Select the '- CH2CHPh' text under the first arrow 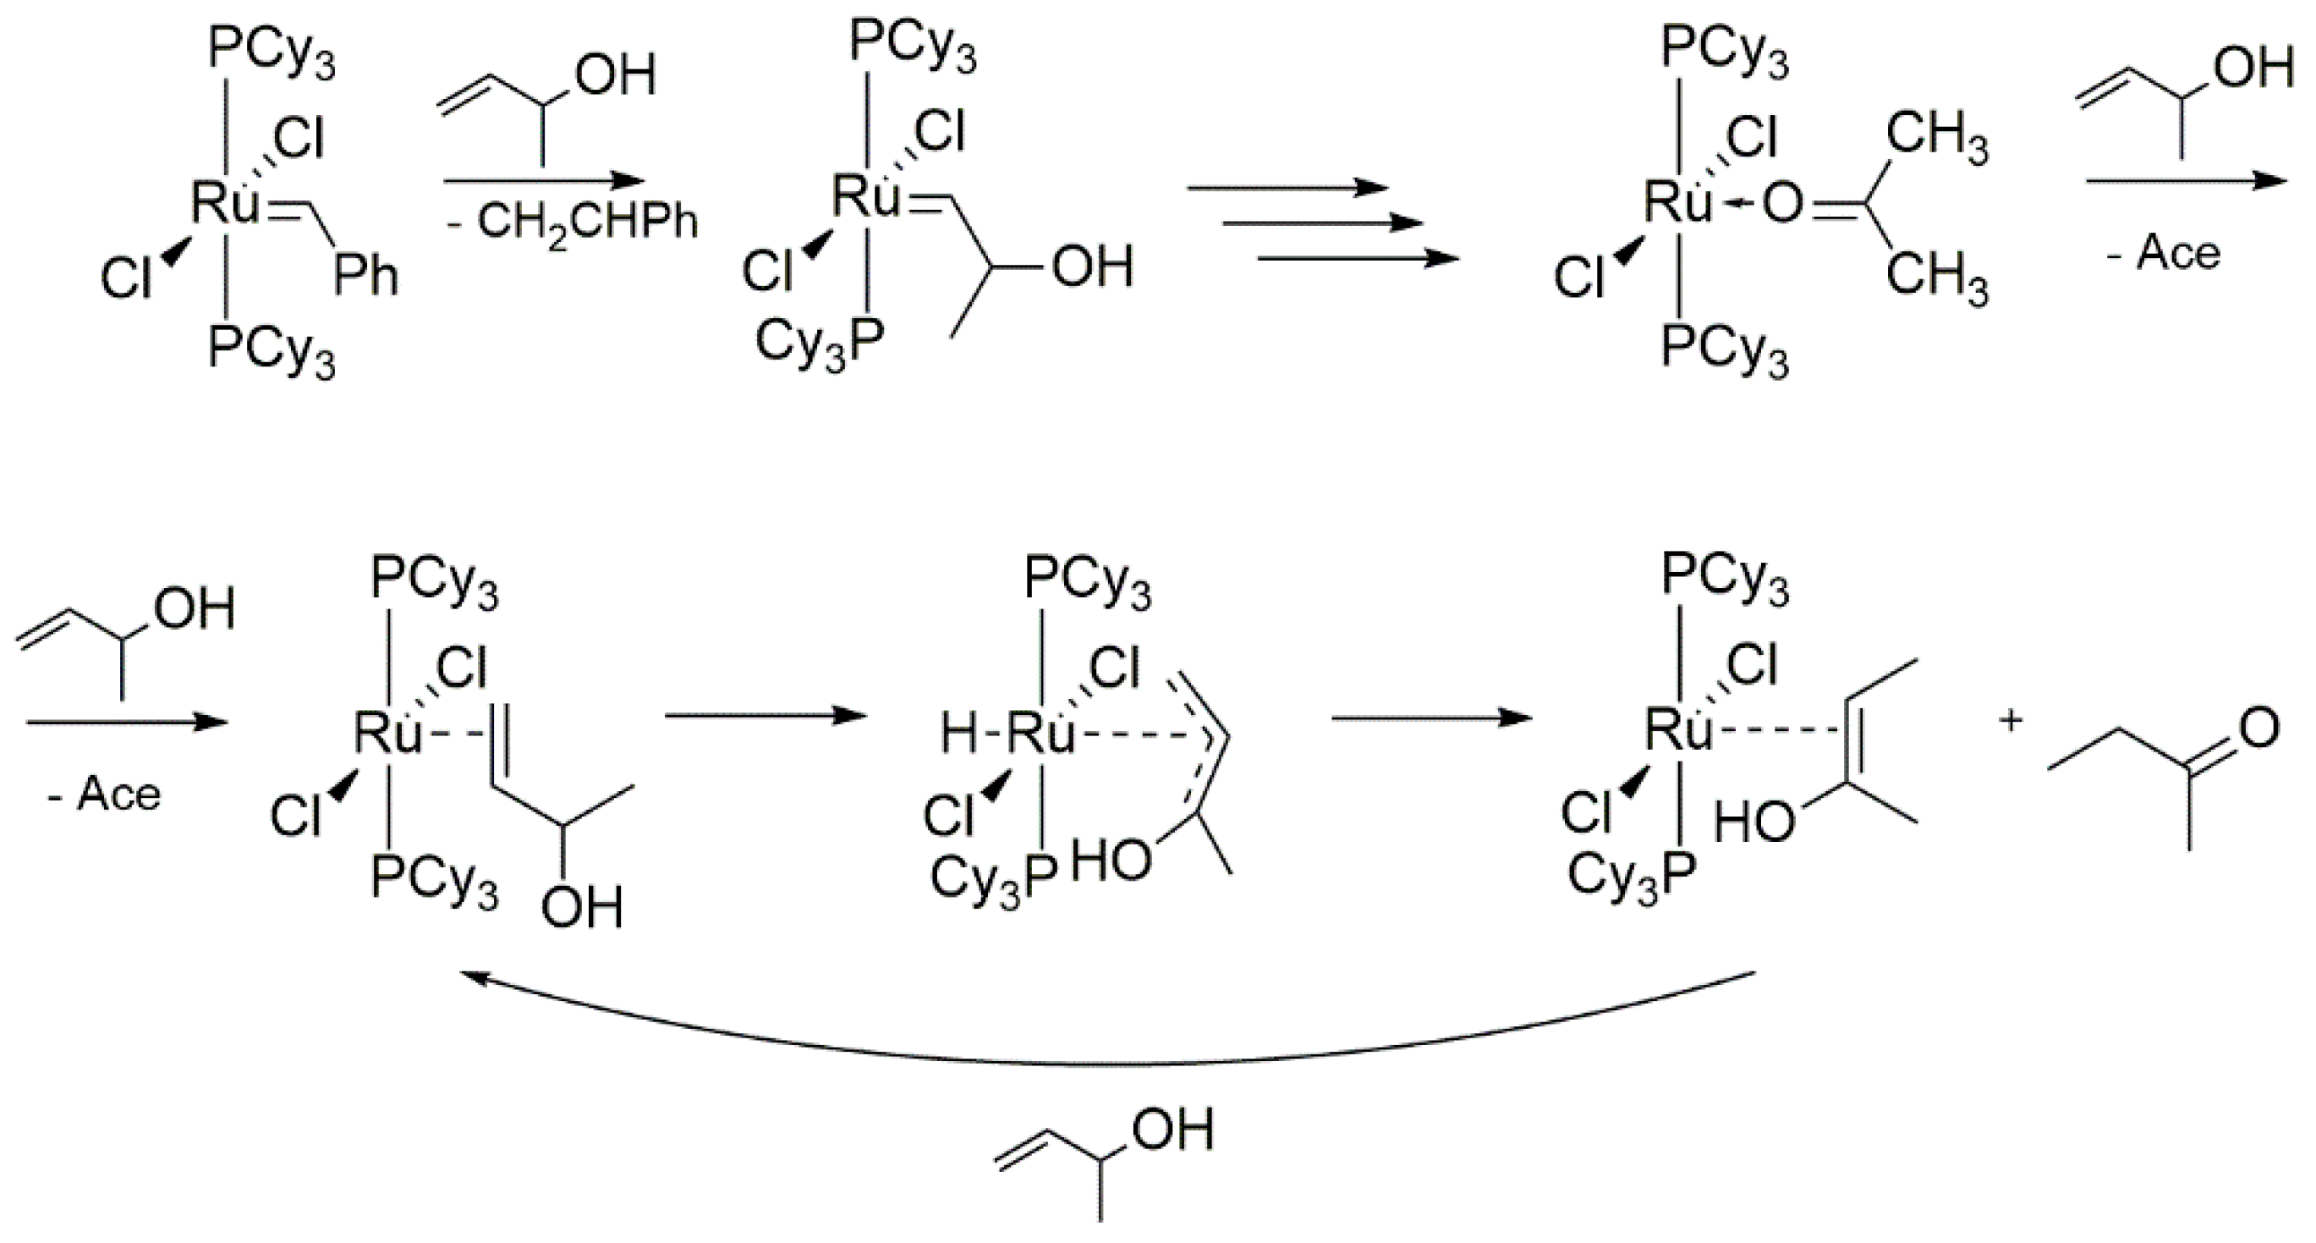[x=573, y=221]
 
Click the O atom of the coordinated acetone [x=1782, y=204]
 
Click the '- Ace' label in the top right [x=2163, y=254]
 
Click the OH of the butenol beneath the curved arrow [x=1172, y=1129]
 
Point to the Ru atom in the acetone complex [x=1677, y=203]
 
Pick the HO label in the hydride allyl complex [x=1111, y=861]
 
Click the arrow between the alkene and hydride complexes [x=764, y=717]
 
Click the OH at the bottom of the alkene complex [x=582, y=908]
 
